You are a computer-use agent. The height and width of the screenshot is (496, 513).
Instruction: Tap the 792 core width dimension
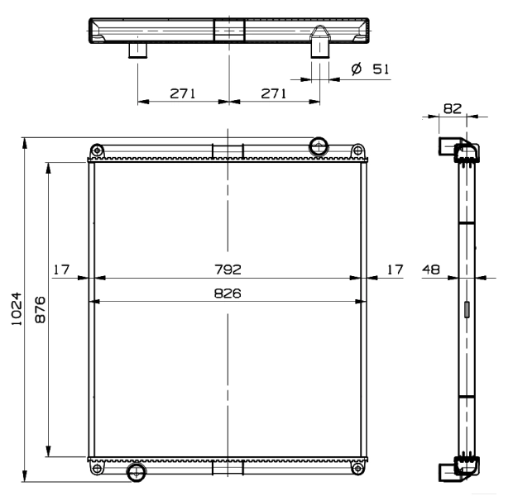(x=228, y=269)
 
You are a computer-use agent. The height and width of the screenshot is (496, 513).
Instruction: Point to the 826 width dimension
(x=228, y=293)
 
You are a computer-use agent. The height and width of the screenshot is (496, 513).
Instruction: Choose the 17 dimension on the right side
(x=395, y=269)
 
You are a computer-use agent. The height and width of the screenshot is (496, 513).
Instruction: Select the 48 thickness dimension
(x=430, y=269)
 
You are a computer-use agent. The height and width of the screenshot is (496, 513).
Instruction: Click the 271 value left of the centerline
(x=183, y=93)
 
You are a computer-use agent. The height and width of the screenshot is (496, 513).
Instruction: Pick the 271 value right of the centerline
(x=272, y=93)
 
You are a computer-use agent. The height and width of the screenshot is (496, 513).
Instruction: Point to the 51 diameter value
(x=381, y=69)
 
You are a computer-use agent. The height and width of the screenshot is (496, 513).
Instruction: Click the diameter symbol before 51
(x=357, y=69)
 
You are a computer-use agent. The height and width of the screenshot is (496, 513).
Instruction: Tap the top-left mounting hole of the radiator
(x=98, y=150)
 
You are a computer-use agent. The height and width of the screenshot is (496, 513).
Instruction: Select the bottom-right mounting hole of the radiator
(x=357, y=470)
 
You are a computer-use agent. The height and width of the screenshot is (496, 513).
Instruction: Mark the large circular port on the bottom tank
(x=134, y=471)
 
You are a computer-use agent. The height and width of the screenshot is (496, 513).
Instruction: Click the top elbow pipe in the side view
(x=455, y=150)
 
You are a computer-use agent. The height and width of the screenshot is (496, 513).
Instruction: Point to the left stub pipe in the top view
(x=137, y=50)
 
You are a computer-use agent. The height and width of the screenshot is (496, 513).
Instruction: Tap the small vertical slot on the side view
(x=466, y=310)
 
